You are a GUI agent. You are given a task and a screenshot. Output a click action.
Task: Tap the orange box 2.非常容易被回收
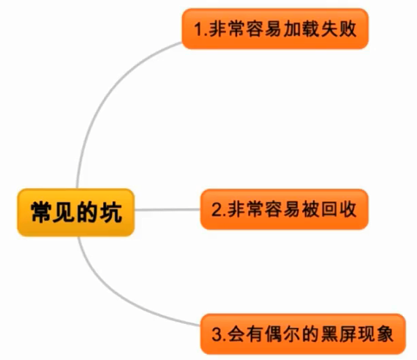click(284, 209)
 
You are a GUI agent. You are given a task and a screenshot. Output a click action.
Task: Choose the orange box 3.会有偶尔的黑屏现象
click(303, 334)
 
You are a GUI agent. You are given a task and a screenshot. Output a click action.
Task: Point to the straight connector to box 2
click(166, 210)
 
